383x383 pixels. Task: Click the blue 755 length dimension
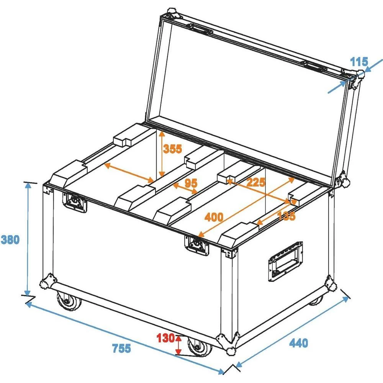121,349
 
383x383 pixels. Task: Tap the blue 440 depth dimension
298,343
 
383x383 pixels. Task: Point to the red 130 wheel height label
165,338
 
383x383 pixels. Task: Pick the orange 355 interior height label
172,149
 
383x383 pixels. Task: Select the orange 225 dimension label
255,183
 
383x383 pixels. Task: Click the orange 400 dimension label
214,218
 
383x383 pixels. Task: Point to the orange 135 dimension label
286,216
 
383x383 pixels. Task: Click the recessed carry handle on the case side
285,261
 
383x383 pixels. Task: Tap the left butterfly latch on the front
75,201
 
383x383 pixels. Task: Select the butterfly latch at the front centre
198,244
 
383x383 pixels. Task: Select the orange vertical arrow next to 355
162,153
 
